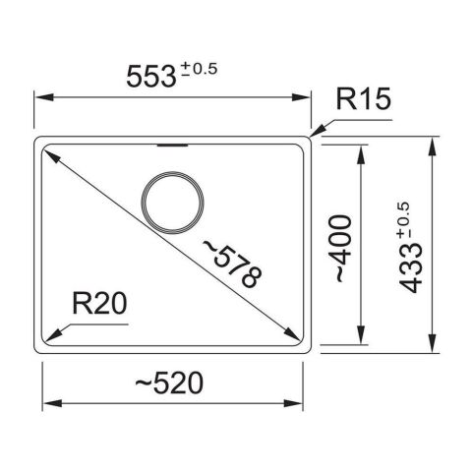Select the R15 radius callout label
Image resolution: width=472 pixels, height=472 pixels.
tap(363, 99)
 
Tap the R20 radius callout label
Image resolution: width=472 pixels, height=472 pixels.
tap(100, 305)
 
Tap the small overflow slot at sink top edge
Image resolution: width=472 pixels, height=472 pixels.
tap(173, 144)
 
